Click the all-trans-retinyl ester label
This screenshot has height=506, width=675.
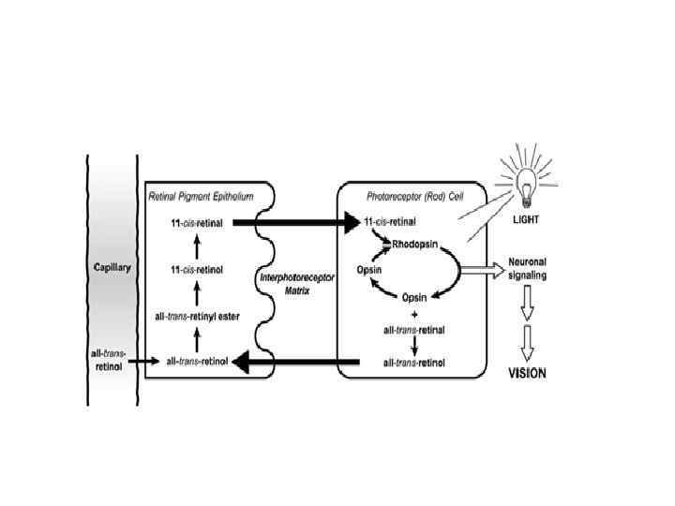198,317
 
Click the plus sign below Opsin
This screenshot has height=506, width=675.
413,314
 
